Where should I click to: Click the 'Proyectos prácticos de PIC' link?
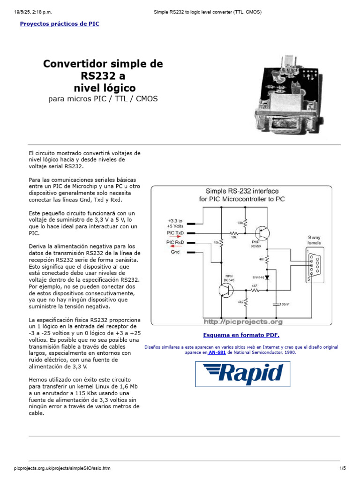pyautogui.click(x=60, y=24)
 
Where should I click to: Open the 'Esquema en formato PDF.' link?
pyautogui.click(x=241, y=335)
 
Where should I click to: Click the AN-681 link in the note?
pyautogui.click(x=217, y=352)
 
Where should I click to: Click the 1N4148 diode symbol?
pyautogui.click(x=267, y=277)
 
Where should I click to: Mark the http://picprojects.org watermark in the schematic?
pyautogui.click(x=243, y=322)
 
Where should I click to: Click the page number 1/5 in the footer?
pyautogui.click(x=342, y=468)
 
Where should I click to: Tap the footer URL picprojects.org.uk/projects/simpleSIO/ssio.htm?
pyautogui.click(x=62, y=468)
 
